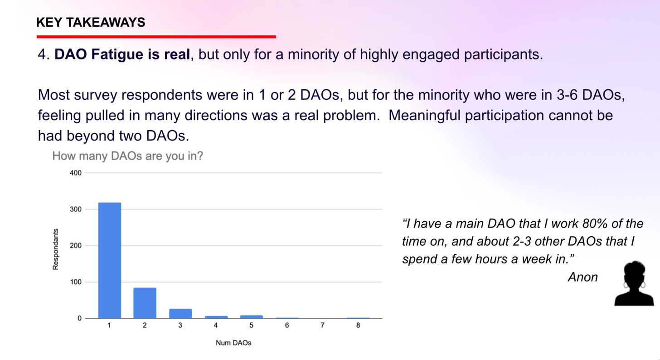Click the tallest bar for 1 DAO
[x=110, y=260]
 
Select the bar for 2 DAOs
[x=145, y=303]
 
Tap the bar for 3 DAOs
[x=180, y=313]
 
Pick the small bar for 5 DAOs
[x=251, y=316]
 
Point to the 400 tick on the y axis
[x=75, y=173]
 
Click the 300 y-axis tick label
[x=75, y=209]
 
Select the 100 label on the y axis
[x=75, y=282]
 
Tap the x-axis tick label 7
[x=322, y=325]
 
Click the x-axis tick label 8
[x=358, y=325]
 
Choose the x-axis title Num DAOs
[x=233, y=343]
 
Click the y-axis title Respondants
[x=55, y=249]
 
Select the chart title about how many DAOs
[x=127, y=156]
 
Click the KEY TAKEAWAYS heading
[x=91, y=22]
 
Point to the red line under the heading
[x=156, y=37]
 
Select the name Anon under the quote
[x=583, y=277]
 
